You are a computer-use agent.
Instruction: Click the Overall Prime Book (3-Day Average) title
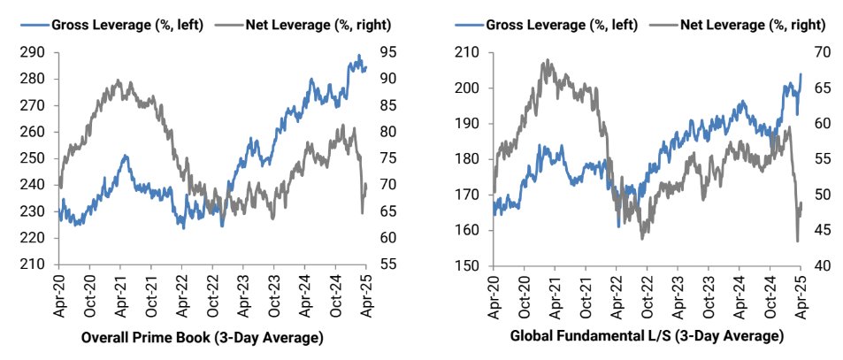[x=202, y=337]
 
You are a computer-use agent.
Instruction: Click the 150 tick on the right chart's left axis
[x=469, y=265]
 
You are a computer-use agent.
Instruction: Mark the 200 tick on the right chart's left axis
[x=469, y=88]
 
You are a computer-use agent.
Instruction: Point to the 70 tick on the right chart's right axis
[x=821, y=52]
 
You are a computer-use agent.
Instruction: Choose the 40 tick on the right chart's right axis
[x=821, y=265]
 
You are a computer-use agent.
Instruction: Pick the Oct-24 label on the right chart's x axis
[x=770, y=294]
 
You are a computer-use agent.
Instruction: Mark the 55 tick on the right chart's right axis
[x=821, y=159]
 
